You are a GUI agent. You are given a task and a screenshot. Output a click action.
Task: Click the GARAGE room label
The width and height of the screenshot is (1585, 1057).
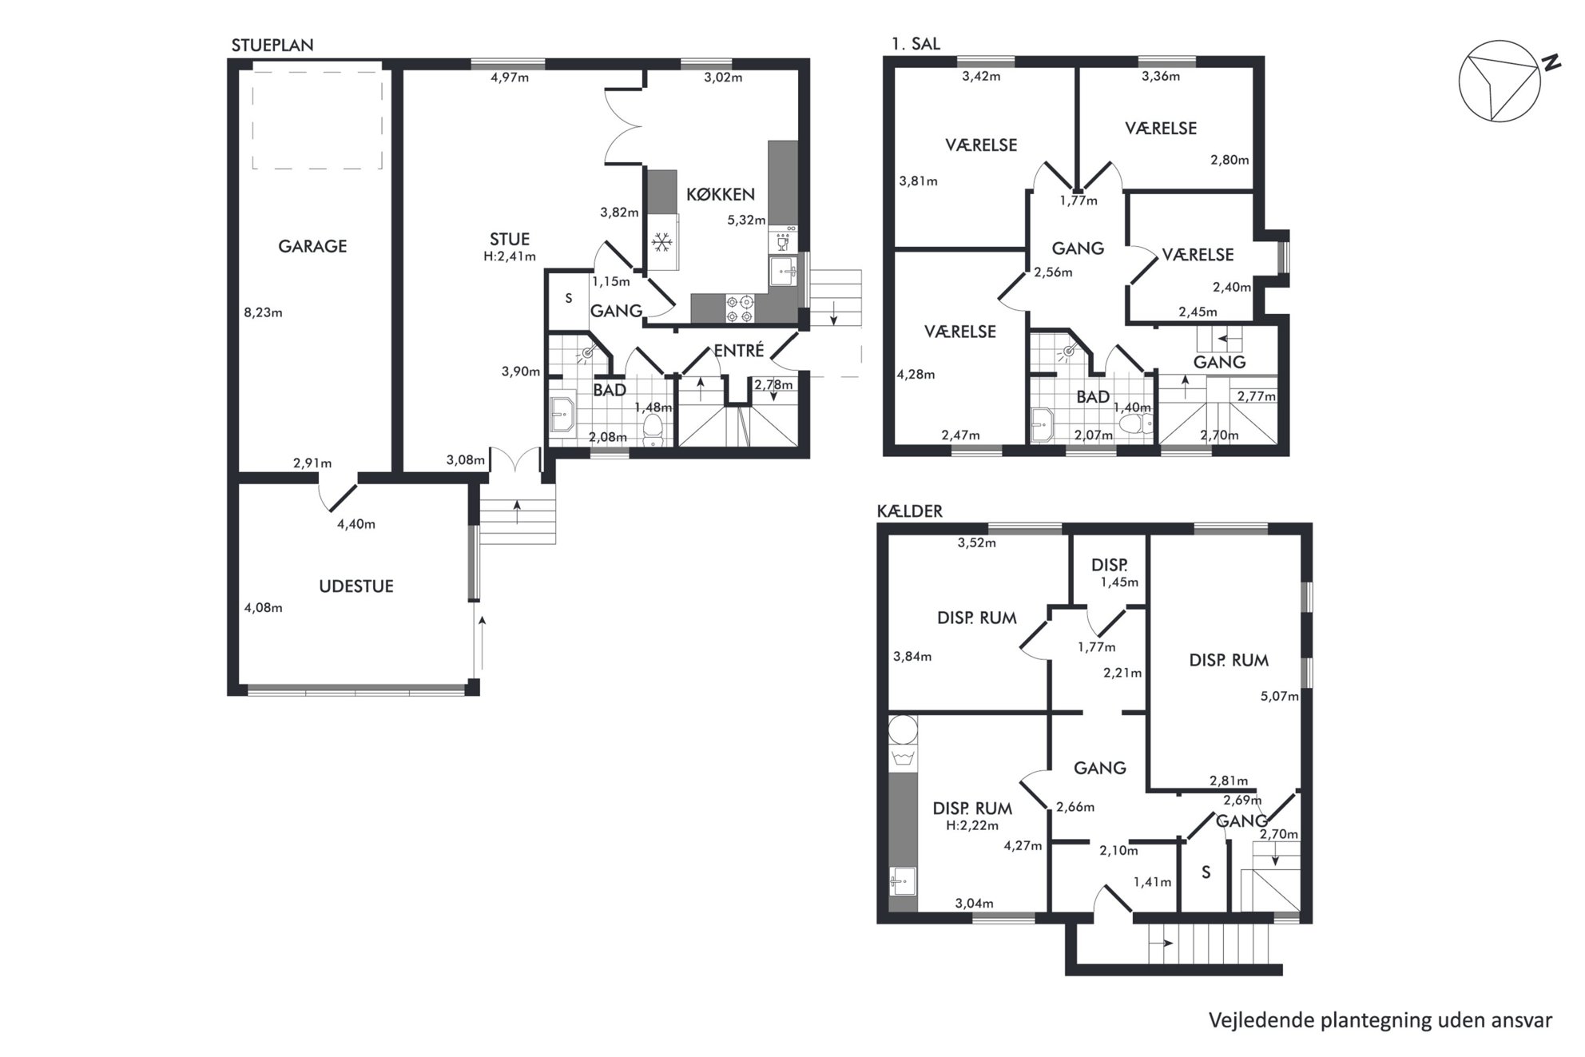pyautogui.click(x=312, y=246)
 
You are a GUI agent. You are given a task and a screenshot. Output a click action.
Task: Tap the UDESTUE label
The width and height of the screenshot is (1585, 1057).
pyautogui.click(x=356, y=586)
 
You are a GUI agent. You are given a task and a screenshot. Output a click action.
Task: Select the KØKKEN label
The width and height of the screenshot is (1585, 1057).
pyautogui.click(x=721, y=194)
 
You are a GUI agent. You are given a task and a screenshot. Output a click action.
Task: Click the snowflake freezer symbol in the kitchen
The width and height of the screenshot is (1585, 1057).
pyautogui.click(x=661, y=243)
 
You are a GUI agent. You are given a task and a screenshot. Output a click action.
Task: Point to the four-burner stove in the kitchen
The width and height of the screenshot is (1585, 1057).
pyautogui.click(x=739, y=309)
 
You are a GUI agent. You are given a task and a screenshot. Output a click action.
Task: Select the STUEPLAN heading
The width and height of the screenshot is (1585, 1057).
pyautogui.click(x=272, y=46)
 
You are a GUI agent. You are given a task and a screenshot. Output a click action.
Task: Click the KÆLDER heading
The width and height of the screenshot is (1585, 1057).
pyautogui.click(x=909, y=511)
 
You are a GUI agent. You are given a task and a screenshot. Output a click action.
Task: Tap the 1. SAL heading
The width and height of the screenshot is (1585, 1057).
pyautogui.click(x=916, y=43)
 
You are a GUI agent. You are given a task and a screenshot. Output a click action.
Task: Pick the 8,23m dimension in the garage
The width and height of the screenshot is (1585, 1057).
pyautogui.click(x=263, y=312)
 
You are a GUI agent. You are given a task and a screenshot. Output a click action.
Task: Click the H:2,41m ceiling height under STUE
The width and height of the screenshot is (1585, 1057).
pyautogui.click(x=510, y=256)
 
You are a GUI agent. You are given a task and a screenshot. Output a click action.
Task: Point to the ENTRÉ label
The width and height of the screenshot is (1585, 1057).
pyautogui.click(x=739, y=350)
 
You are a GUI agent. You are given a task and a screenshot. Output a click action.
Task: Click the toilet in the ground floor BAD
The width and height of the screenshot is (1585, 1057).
pyautogui.click(x=653, y=429)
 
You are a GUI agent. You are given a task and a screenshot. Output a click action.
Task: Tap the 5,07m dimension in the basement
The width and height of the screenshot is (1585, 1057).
pyautogui.click(x=1279, y=696)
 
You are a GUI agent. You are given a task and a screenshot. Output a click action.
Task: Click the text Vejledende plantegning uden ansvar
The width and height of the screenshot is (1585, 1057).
pyautogui.click(x=1380, y=1019)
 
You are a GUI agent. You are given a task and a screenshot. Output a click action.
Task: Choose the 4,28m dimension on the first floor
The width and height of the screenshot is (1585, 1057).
pyautogui.click(x=916, y=374)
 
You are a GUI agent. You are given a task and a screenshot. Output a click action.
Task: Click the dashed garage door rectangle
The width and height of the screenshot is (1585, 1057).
pyautogui.click(x=317, y=119)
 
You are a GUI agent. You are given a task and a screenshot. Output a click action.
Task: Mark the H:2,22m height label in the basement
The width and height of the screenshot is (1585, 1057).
pyautogui.click(x=972, y=825)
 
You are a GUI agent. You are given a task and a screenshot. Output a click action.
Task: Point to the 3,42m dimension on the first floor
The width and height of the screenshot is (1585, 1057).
pyautogui.click(x=981, y=77)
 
